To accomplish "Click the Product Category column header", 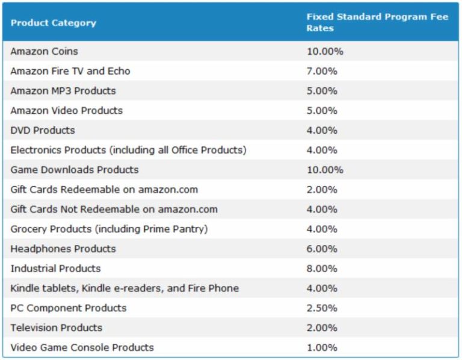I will [x=53, y=23].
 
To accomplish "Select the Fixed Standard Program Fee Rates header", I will [x=377, y=23].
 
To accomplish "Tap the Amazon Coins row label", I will [x=44, y=51].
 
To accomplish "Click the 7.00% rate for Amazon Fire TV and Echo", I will [x=322, y=71].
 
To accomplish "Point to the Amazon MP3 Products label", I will [x=63, y=91].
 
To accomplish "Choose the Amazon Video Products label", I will [x=66, y=111].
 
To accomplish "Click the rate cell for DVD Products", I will [x=322, y=131].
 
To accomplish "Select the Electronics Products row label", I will [x=128, y=150].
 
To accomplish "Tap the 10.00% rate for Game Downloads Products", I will [x=325, y=170].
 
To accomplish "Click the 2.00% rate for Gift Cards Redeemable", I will [x=322, y=190].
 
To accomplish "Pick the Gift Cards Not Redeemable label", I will [x=114, y=209].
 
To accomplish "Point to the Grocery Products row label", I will [x=109, y=229].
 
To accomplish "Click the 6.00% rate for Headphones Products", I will [x=322, y=249].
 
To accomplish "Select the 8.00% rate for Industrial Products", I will [x=322, y=268].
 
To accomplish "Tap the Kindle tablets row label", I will [x=125, y=288].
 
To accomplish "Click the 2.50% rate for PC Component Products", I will [x=322, y=308].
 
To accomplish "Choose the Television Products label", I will [x=56, y=327].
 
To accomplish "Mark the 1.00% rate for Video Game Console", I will [x=322, y=347].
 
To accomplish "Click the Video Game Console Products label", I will [x=82, y=347].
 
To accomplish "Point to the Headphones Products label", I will [x=63, y=249].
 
